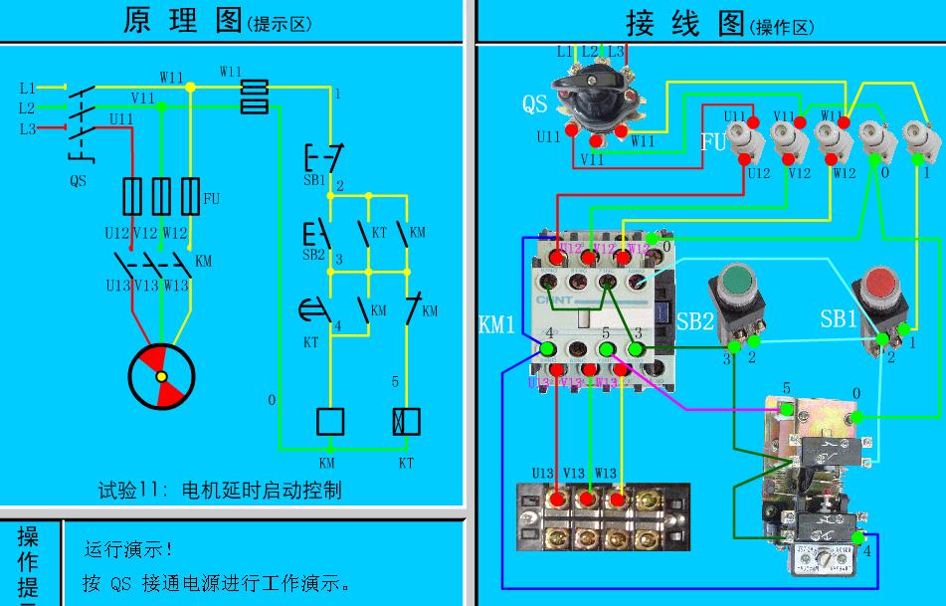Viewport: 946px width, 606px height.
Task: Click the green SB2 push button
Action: coord(734,281)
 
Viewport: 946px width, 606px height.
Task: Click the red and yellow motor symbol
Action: coord(161,377)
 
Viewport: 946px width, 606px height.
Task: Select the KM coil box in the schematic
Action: coord(329,421)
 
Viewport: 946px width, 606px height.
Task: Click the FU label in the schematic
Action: coord(211,199)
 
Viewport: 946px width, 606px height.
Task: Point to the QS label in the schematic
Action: coord(78,181)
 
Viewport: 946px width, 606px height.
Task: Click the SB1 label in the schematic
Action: coord(314,180)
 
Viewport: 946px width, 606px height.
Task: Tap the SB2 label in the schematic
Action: coord(314,254)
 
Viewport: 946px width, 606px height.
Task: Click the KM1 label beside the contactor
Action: coord(497,325)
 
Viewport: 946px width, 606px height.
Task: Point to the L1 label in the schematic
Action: coord(27,88)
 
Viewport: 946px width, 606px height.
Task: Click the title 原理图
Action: coord(183,21)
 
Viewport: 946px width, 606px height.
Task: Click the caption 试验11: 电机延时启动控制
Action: coord(220,490)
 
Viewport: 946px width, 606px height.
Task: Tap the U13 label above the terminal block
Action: coord(543,473)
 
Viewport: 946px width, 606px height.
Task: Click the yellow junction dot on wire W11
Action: coord(190,88)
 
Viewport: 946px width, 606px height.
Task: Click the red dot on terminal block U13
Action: coord(559,498)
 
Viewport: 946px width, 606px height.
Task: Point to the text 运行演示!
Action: coord(129,549)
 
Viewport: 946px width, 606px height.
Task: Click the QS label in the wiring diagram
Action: coord(535,103)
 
